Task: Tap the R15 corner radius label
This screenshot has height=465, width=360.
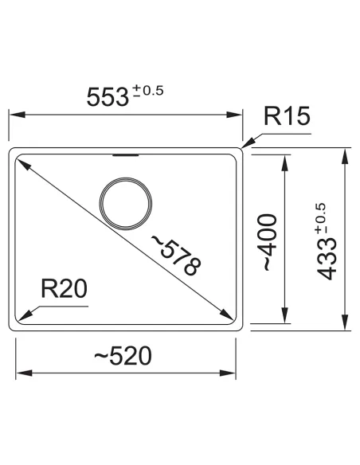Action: click(284, 119)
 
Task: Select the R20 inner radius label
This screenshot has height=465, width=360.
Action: click(63, 290)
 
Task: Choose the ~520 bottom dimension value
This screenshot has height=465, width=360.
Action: click(123, 357)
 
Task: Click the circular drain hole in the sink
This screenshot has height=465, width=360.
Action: click(124, 203)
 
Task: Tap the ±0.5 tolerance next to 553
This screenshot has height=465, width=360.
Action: click(148, 90)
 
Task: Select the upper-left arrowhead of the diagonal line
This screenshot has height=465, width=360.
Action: click(22, 162)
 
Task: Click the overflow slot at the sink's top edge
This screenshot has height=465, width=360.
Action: click(125, 154)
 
